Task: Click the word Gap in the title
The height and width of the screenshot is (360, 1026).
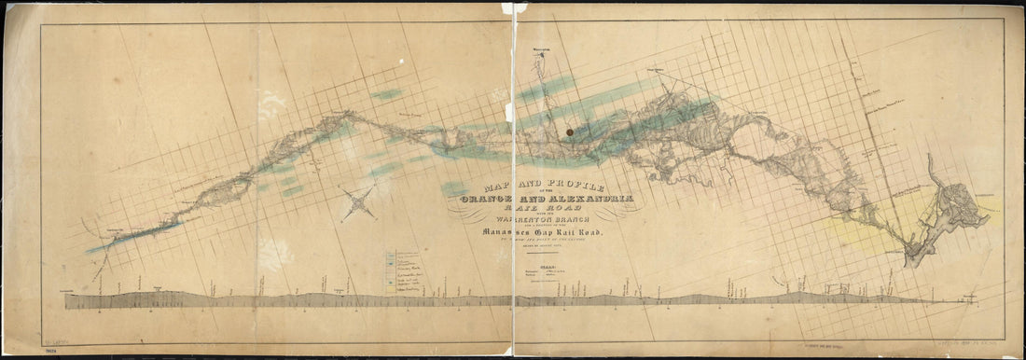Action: [549, 233]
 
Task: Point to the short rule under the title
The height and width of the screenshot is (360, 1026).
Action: [540, 253]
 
